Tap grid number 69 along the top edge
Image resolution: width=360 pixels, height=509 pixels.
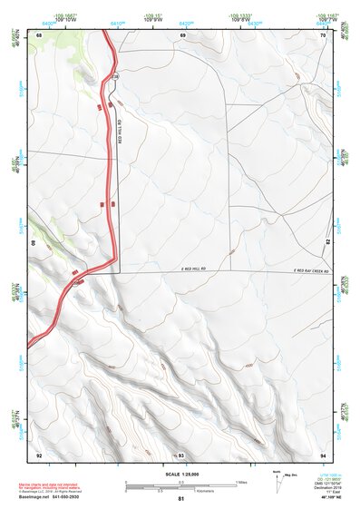pos(182,34)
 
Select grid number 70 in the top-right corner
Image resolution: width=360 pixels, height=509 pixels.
pos(323,34)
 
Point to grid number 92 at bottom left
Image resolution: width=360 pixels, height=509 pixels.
pos(39,454)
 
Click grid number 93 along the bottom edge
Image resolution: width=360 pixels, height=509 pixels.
pos(181,454)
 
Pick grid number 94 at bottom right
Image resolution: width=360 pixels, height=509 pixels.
pos(323,454)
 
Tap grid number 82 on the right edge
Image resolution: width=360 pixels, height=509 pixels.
pos(327,242)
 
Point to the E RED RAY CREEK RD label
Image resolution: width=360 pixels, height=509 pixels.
pos(307,269)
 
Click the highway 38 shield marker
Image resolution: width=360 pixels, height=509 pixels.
pos(116,75)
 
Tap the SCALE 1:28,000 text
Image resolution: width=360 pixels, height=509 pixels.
pos(180,474)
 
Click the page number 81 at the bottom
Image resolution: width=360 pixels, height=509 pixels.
pos(180,499)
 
